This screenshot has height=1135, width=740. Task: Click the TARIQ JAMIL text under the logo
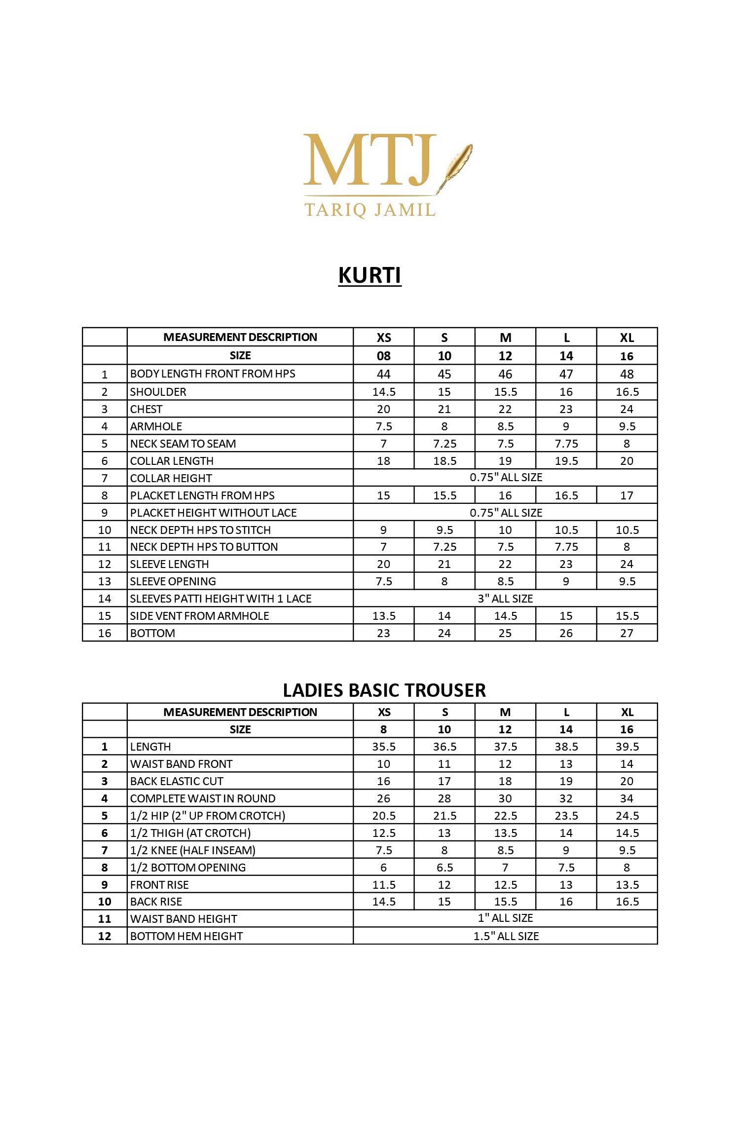click(x=370, y=210)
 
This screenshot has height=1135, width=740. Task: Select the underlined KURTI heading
click(x=370, y=275)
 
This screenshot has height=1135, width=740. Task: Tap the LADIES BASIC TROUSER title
click(x=384, y=690)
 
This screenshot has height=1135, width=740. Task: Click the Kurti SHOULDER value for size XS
click(x=384, y=392)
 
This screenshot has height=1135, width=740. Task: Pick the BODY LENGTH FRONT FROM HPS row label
click(x=213, y=374)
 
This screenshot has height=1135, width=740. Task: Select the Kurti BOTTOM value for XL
click(x=627, y=633)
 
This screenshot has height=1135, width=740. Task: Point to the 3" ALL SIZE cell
click(x=505, y=599)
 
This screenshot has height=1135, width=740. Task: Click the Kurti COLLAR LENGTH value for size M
click(x=505, y=461)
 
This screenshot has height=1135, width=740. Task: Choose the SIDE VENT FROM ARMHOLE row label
click(x=200, y=616)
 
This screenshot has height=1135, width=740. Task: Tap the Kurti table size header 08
click(x=384, y=356)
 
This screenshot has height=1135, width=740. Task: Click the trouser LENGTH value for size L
click(x=566, y=747)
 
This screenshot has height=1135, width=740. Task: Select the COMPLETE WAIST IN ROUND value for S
click(x=444, y=798)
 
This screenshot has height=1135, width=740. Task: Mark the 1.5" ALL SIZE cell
click(x=506, y=936)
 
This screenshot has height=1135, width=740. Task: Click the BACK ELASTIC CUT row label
click(x=177, y=781)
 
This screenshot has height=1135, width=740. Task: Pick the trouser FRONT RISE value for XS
click(x=384, y=885)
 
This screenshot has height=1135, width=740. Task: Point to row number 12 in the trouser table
click(x=105, y=936)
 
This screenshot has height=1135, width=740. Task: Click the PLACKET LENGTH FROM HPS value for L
click(x=566, y=495)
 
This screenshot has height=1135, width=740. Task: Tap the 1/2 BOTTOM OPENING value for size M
click(x=505, y=868)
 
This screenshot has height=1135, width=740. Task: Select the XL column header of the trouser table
click(x=627, y=712)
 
